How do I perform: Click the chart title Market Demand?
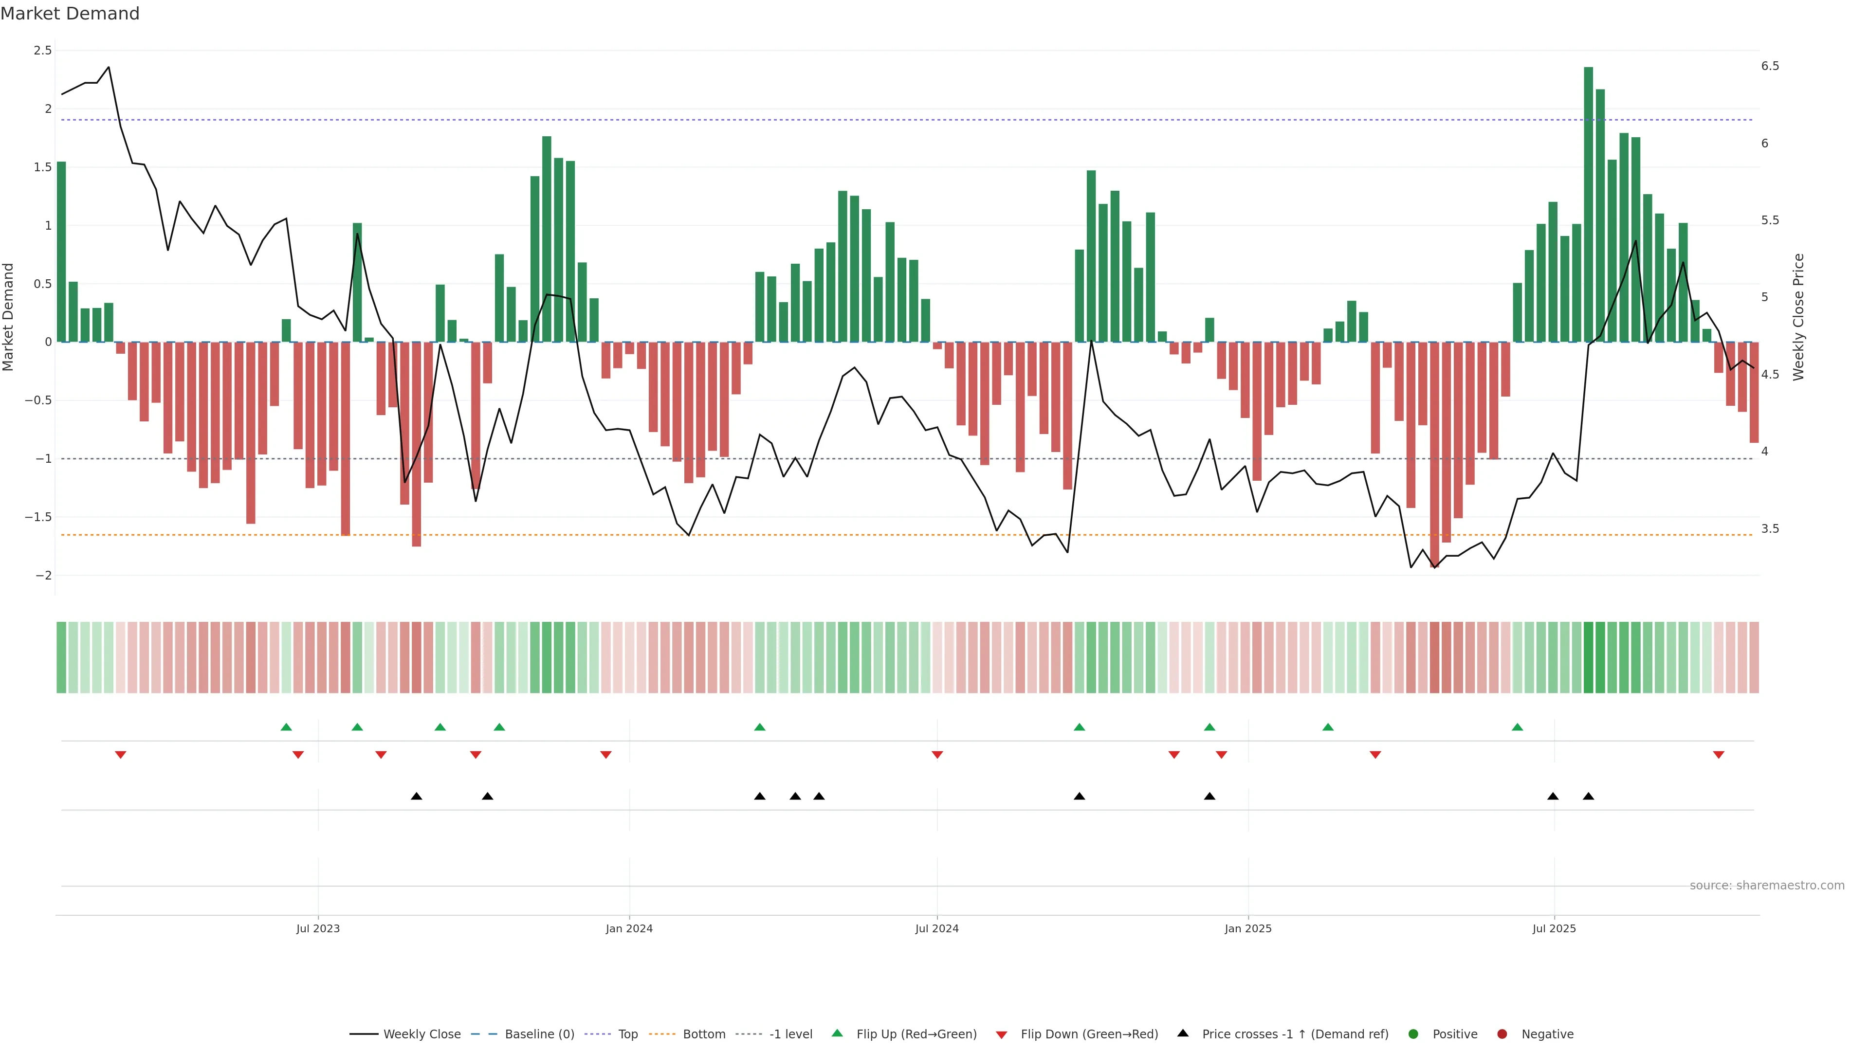click(x=70, y=14)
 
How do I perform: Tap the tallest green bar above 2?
click(x=1588, y=203)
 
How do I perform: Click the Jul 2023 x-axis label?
click(x=318, y=928)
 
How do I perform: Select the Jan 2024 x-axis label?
click(x=629, y=928)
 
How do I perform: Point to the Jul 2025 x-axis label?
click(x=1554, y=928)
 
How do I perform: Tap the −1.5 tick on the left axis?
click(x=38, y=517)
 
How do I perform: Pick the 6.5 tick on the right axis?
click(x=1770, y=66)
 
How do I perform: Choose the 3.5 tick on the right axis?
click(x=1770, y=529)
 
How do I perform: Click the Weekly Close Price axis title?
click(x=1798, y=317)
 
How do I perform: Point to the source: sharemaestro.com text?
click(x=1767, y=886)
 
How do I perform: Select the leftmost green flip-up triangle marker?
click(x=286, y=727)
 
